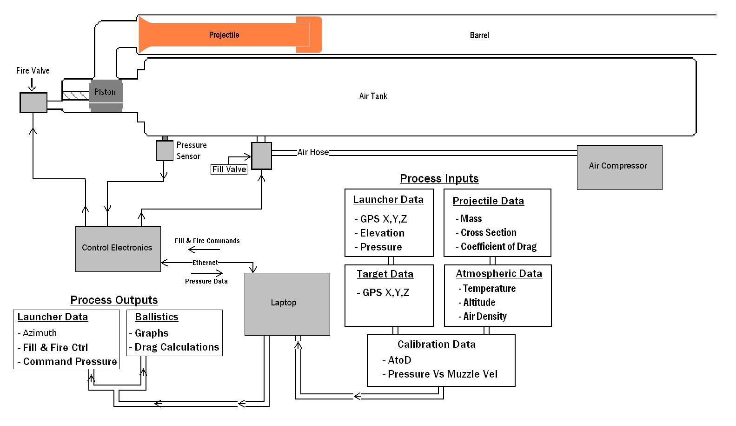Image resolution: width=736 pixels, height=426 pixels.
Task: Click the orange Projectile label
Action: coord(224,35)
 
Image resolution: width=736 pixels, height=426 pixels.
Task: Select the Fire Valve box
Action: coord(33,102)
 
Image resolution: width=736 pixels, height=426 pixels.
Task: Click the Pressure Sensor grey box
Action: coord(165,150)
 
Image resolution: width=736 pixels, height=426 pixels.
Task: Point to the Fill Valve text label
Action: coord(229,169)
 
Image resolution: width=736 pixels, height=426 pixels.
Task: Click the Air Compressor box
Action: coord(619,167)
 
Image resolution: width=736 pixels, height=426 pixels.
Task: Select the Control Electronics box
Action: coord(118,249)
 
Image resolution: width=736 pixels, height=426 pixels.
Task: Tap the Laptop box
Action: coord(287,304)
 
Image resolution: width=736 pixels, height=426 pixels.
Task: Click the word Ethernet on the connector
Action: coord(205,263)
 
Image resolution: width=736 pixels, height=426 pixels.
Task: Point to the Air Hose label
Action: coord(313,152)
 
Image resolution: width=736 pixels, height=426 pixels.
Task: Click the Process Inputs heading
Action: coord(439,179)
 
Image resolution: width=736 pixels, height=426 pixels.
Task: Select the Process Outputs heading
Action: coord(114,300)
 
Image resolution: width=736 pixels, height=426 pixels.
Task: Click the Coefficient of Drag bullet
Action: coord(498,247)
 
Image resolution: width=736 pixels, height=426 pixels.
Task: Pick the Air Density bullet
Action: coord(484,317)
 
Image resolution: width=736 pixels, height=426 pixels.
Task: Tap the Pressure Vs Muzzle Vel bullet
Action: coord(442,374)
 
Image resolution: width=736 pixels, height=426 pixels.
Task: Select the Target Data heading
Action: coord(385,274)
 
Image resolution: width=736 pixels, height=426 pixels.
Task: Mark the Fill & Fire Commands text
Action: coord(207,241)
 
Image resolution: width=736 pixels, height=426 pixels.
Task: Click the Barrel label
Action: coord(479,35)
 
